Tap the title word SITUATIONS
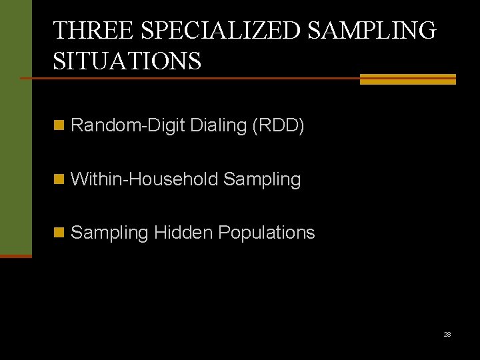[127, 61]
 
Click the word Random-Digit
[127, 125]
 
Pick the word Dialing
[218, 125]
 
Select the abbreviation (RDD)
[278, 125]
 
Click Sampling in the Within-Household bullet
[262, 179]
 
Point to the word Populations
[267, 233]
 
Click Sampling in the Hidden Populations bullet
[109, 233]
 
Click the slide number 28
[447, 334]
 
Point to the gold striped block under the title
[407, 79]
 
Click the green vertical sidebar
[15, 127]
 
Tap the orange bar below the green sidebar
[15, 255]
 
